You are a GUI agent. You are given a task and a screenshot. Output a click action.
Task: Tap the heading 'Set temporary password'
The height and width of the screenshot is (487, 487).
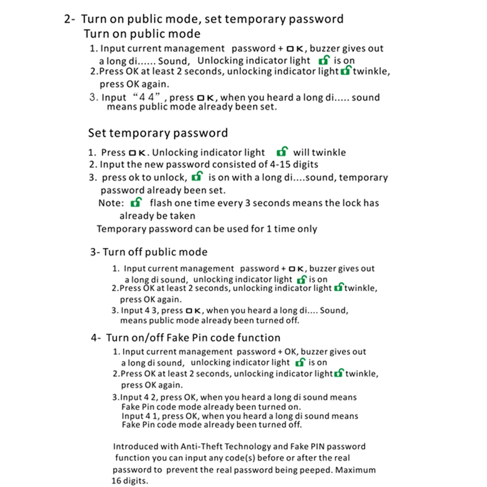click(x=158, y=133)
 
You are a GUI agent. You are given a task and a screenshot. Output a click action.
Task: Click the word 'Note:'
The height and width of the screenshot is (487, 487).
click(x=111, y=203)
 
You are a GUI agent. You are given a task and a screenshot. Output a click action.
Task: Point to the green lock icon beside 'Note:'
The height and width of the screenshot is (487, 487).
click(x=136, y=203)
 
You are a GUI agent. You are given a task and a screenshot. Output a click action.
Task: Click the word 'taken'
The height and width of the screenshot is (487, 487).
click(x=182, y=216)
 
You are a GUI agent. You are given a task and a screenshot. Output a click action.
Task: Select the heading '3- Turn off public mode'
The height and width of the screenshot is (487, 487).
click(x=149, y=252)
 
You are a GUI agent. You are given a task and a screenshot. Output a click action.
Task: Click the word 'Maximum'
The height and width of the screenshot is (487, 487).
click(x=356, y=470)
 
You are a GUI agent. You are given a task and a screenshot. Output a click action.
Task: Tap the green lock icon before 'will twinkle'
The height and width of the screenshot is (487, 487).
click(x=282, y=152)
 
